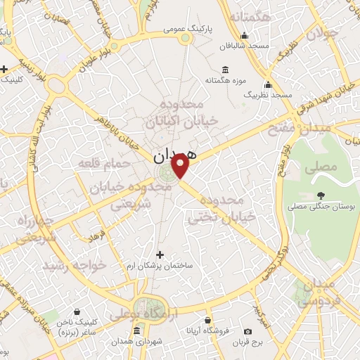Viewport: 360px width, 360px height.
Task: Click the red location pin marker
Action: click(x=181, y=166)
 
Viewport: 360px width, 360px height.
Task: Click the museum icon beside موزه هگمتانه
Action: click(x=225, y=69)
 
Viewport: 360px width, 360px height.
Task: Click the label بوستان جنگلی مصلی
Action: click(x=318, y=207)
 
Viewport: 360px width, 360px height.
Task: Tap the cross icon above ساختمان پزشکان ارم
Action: click(x=160, y=255)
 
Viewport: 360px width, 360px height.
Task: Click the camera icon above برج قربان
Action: click(x=247, y=331)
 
